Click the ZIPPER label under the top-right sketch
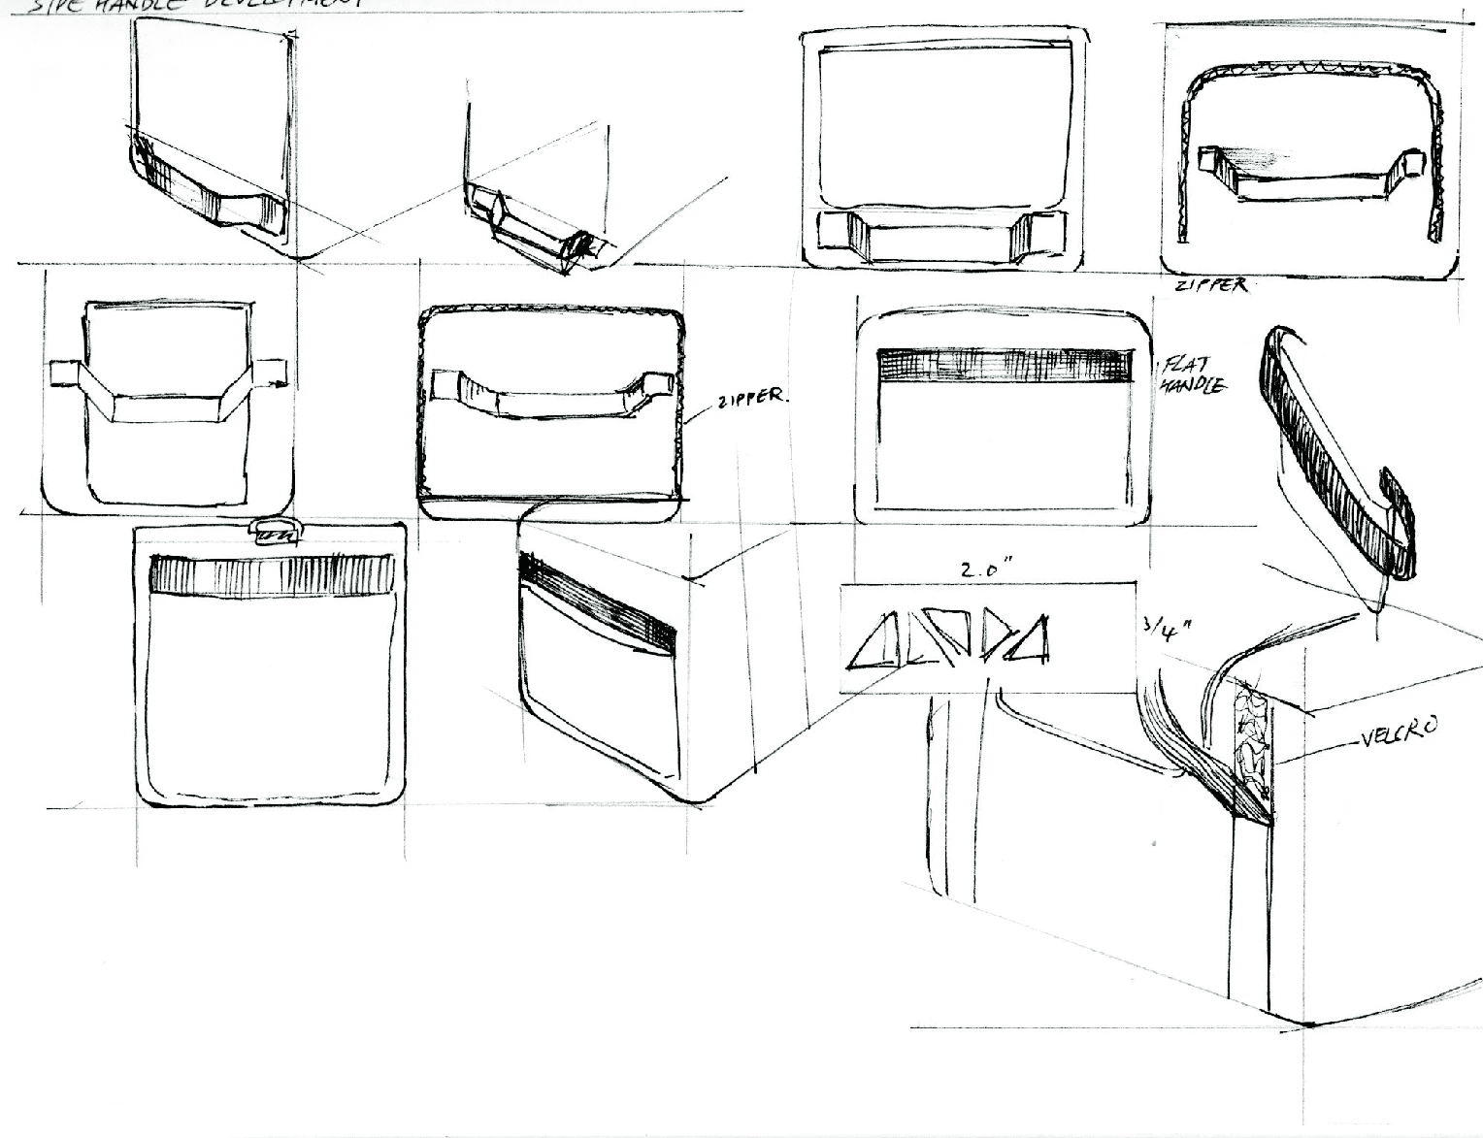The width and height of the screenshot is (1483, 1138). click(1210, 286)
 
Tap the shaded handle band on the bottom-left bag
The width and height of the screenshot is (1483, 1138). click(272, 572)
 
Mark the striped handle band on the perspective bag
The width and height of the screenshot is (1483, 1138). click(597, 602)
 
